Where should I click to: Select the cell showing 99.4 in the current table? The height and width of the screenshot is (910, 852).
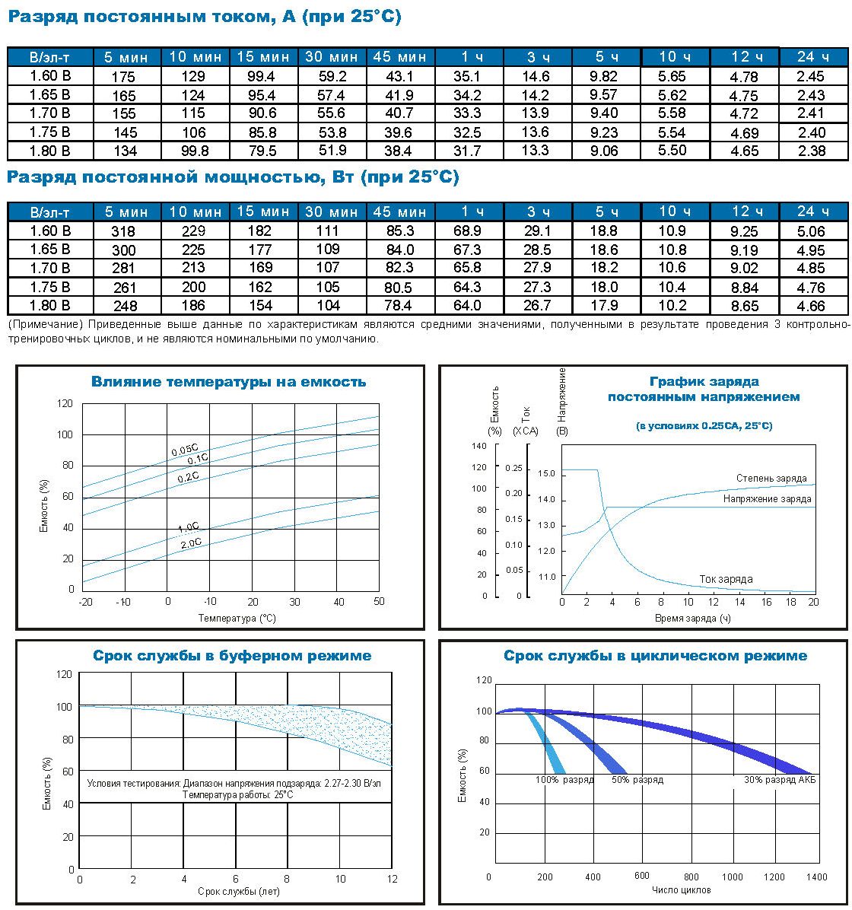click(262, 76)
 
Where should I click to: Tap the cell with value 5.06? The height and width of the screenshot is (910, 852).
click(812, 232)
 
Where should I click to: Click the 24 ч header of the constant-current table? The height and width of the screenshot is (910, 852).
click(813, 56)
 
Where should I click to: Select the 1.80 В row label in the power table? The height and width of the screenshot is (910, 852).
click(50, 305)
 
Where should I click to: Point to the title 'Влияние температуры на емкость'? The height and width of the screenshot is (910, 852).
click(228, 382)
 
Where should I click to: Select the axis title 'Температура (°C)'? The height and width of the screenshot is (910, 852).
click(237, 619)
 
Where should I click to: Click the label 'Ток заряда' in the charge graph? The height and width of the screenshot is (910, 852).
click(726, 580)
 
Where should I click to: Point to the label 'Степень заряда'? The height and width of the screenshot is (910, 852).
click(771, 479)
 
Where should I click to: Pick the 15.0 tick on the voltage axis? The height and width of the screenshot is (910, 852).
click(546, 474)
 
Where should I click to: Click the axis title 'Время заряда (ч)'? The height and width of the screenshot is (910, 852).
click(692, 619)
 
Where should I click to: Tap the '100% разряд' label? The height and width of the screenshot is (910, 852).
click(564, 780)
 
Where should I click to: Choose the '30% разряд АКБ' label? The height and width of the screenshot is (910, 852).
click(780, 780)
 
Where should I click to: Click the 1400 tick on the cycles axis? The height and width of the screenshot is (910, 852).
click(815, 877)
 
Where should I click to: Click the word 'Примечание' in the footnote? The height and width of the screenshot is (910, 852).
click(47, 325)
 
